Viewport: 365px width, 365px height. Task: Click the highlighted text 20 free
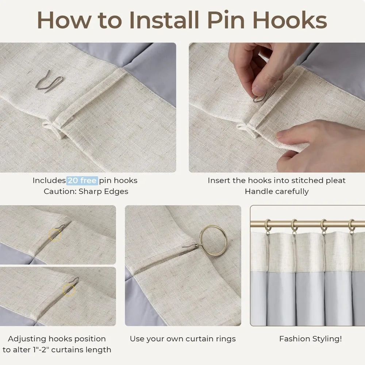[82, 180]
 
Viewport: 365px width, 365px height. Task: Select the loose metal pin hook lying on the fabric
[49, 81]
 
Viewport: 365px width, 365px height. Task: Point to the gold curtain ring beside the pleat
[213, 241]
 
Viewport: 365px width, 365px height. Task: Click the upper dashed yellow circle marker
[55, 235]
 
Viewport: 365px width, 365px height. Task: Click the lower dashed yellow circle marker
[69, 290]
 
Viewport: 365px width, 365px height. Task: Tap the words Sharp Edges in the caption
[103, 191]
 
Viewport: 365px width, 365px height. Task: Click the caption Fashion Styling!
[311, 339]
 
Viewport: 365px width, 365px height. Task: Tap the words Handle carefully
[277, 192]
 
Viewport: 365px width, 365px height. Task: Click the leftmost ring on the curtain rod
[268, 226]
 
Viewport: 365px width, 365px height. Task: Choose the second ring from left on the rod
[294, 226]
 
